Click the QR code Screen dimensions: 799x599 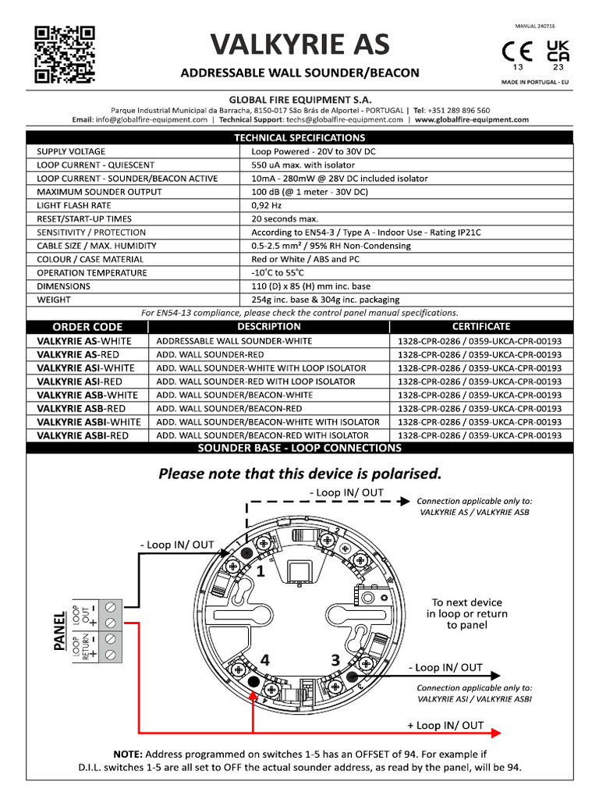pos(66,55)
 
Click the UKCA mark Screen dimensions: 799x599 pos(558,51)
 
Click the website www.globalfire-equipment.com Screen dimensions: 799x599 pos(472,120)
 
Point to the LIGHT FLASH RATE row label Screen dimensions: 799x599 pos(73,205)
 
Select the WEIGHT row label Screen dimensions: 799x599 pos(54,300)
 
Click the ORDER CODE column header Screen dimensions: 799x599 pos(87,327)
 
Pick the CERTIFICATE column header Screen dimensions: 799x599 pos(481,327)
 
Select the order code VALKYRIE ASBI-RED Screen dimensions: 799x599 pos(83,435)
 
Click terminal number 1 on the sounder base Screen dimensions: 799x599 pos(261,572)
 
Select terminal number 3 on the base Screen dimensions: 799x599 pos(335,660)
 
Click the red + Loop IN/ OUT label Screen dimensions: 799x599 pos(445,726)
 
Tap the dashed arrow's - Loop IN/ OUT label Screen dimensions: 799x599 pos(346,492)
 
